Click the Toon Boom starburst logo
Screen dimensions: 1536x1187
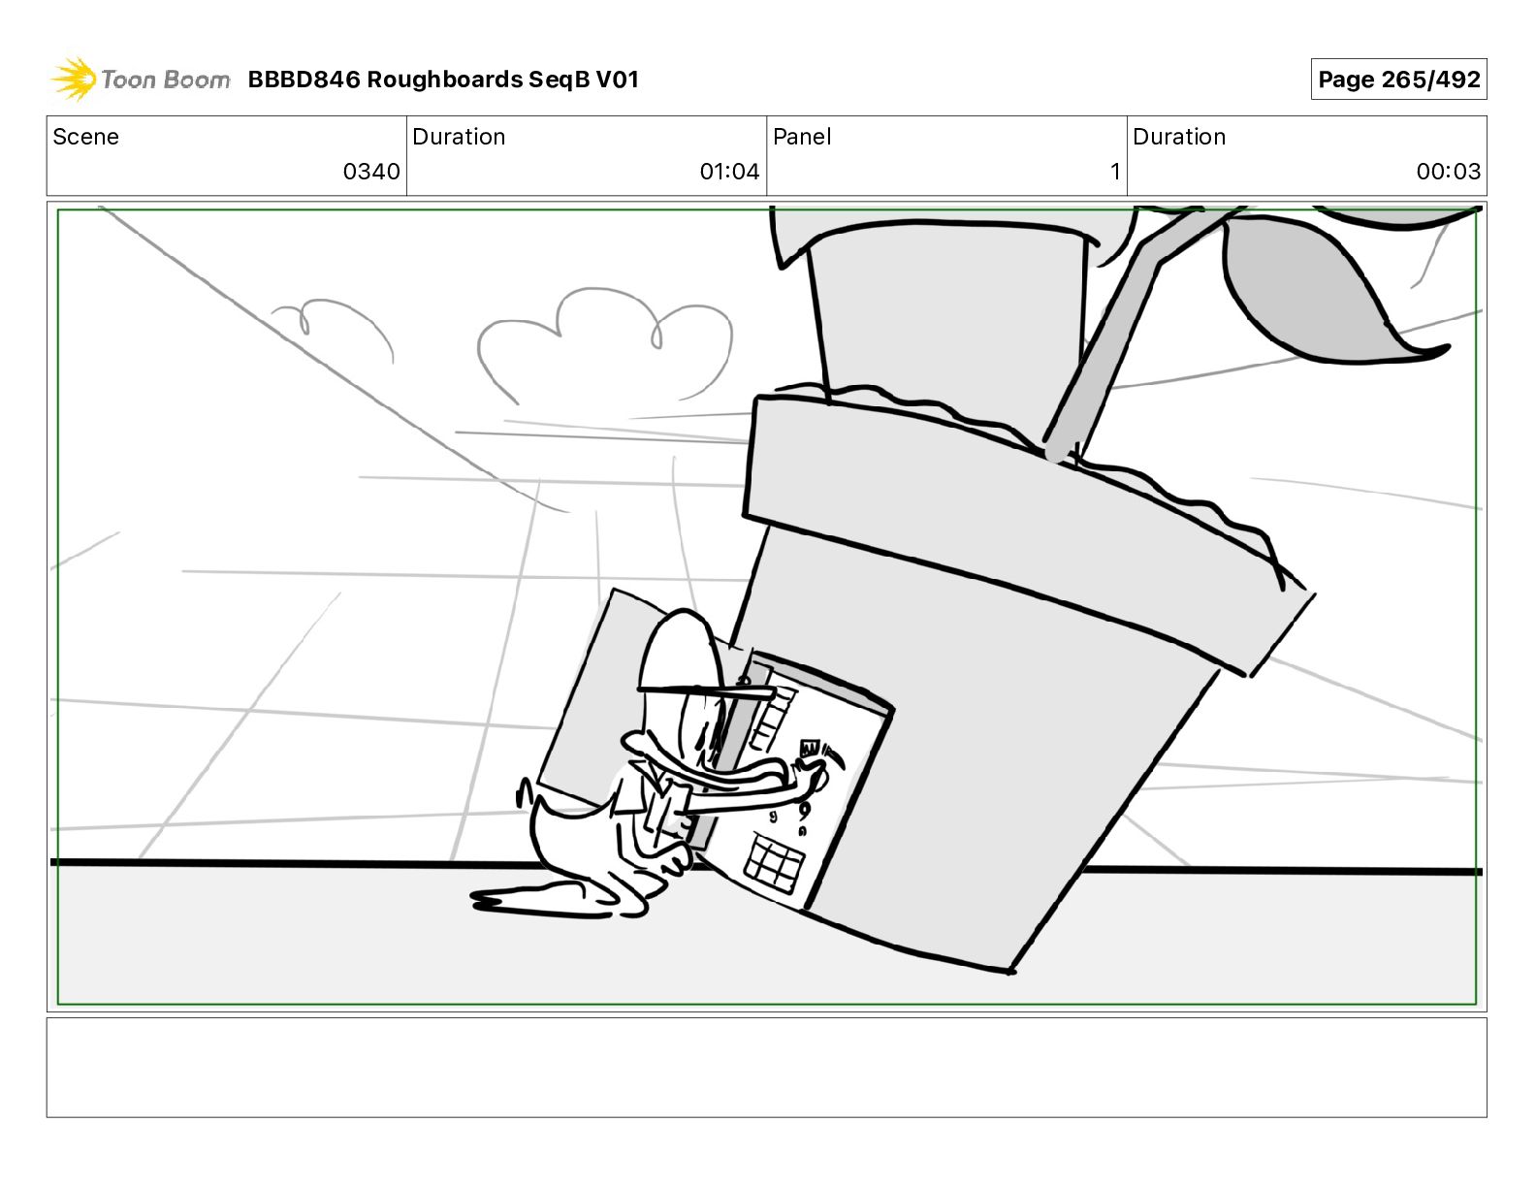74,80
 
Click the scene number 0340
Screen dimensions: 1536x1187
371,171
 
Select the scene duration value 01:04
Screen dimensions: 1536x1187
729,171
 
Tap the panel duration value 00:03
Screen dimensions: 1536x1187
1448,171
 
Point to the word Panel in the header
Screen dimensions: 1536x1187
802,137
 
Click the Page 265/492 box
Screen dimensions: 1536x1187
1398,80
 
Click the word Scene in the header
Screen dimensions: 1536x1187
85,137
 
